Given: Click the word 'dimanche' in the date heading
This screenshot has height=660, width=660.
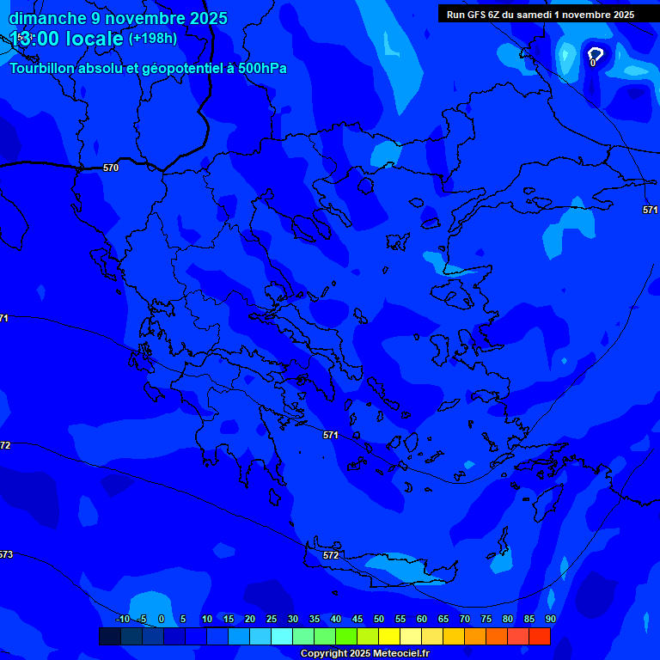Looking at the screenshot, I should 48,18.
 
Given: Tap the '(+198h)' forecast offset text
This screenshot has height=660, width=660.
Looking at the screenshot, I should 153,39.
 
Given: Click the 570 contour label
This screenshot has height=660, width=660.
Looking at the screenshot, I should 110,168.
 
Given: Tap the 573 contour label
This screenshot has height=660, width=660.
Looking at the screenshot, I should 5,554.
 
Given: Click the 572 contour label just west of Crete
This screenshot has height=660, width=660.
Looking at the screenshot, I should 331,555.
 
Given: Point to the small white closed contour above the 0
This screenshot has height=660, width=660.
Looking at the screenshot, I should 595,53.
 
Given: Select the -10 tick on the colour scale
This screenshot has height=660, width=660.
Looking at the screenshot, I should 122,620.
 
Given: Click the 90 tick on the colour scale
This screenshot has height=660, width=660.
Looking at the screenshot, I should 550,620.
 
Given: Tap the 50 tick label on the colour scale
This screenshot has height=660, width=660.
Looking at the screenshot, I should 379,620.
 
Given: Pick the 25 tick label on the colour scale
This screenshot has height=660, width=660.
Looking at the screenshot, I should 272,620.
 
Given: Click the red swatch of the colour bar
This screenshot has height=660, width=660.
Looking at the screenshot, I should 539,637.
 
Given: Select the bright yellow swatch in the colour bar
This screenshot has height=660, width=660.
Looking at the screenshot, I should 388,637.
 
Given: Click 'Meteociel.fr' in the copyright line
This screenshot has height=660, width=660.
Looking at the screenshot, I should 395,654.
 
